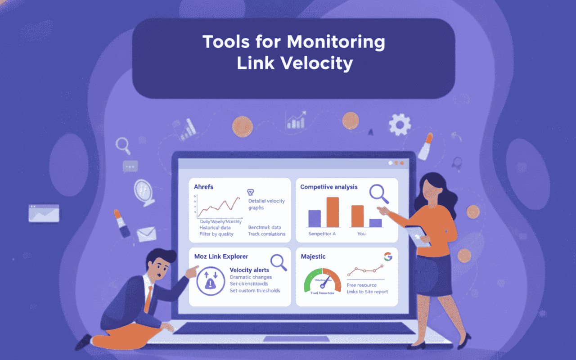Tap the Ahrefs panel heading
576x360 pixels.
tap(203, 187)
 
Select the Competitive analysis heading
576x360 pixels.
tap(329, 187)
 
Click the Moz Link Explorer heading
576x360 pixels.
tap(221, 256)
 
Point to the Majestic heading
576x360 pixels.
tap(313, 256)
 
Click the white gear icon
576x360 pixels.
tap(400, 124)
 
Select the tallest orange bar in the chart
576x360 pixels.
tap(333, 212)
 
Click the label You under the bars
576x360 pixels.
tap(361, 234)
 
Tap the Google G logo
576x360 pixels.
tap(388, 256)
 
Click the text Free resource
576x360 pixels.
tap(362, 285)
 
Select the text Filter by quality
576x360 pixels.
tap(216, 234)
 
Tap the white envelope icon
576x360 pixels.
tap(146, 234)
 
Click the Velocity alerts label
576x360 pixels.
tap(249, 270)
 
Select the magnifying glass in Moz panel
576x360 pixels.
tap(278, 262)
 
